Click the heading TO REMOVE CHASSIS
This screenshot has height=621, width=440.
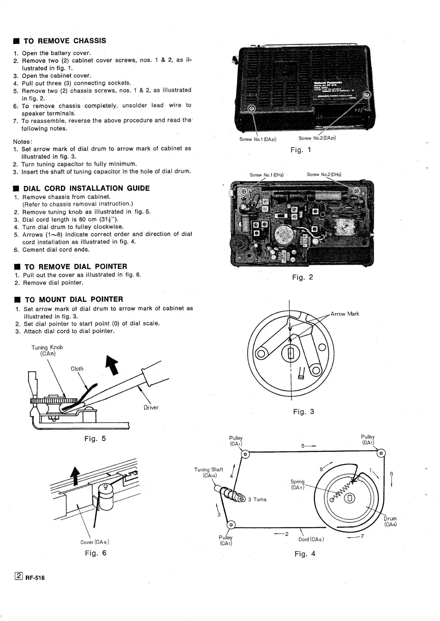pos(65,41)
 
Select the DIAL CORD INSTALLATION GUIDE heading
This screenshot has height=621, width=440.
pos(87,188)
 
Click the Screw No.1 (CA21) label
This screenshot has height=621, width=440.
pos(258,139)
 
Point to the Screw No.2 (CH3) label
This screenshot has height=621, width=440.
pos(324,174)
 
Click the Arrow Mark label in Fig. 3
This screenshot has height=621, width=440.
pos(345,314)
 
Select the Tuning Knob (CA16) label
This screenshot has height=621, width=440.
pos(47,350)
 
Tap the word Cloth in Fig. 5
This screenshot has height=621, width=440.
pos(77,369)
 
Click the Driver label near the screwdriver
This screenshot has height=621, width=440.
pos(151,407)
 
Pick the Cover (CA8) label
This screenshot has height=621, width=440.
pos(95,542)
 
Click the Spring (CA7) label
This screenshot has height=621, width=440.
pos(297,485)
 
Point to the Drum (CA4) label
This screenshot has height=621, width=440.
pos(390,521)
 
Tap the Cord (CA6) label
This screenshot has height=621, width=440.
pos(311,539)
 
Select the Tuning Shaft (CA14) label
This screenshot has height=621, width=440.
pos(209,472)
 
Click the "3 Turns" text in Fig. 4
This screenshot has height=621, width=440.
pos(257,499)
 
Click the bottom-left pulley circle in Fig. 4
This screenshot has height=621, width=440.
pos(231,525)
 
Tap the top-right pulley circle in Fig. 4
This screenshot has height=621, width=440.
pos(382,453)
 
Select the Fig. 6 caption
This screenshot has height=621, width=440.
pos(95,553)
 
